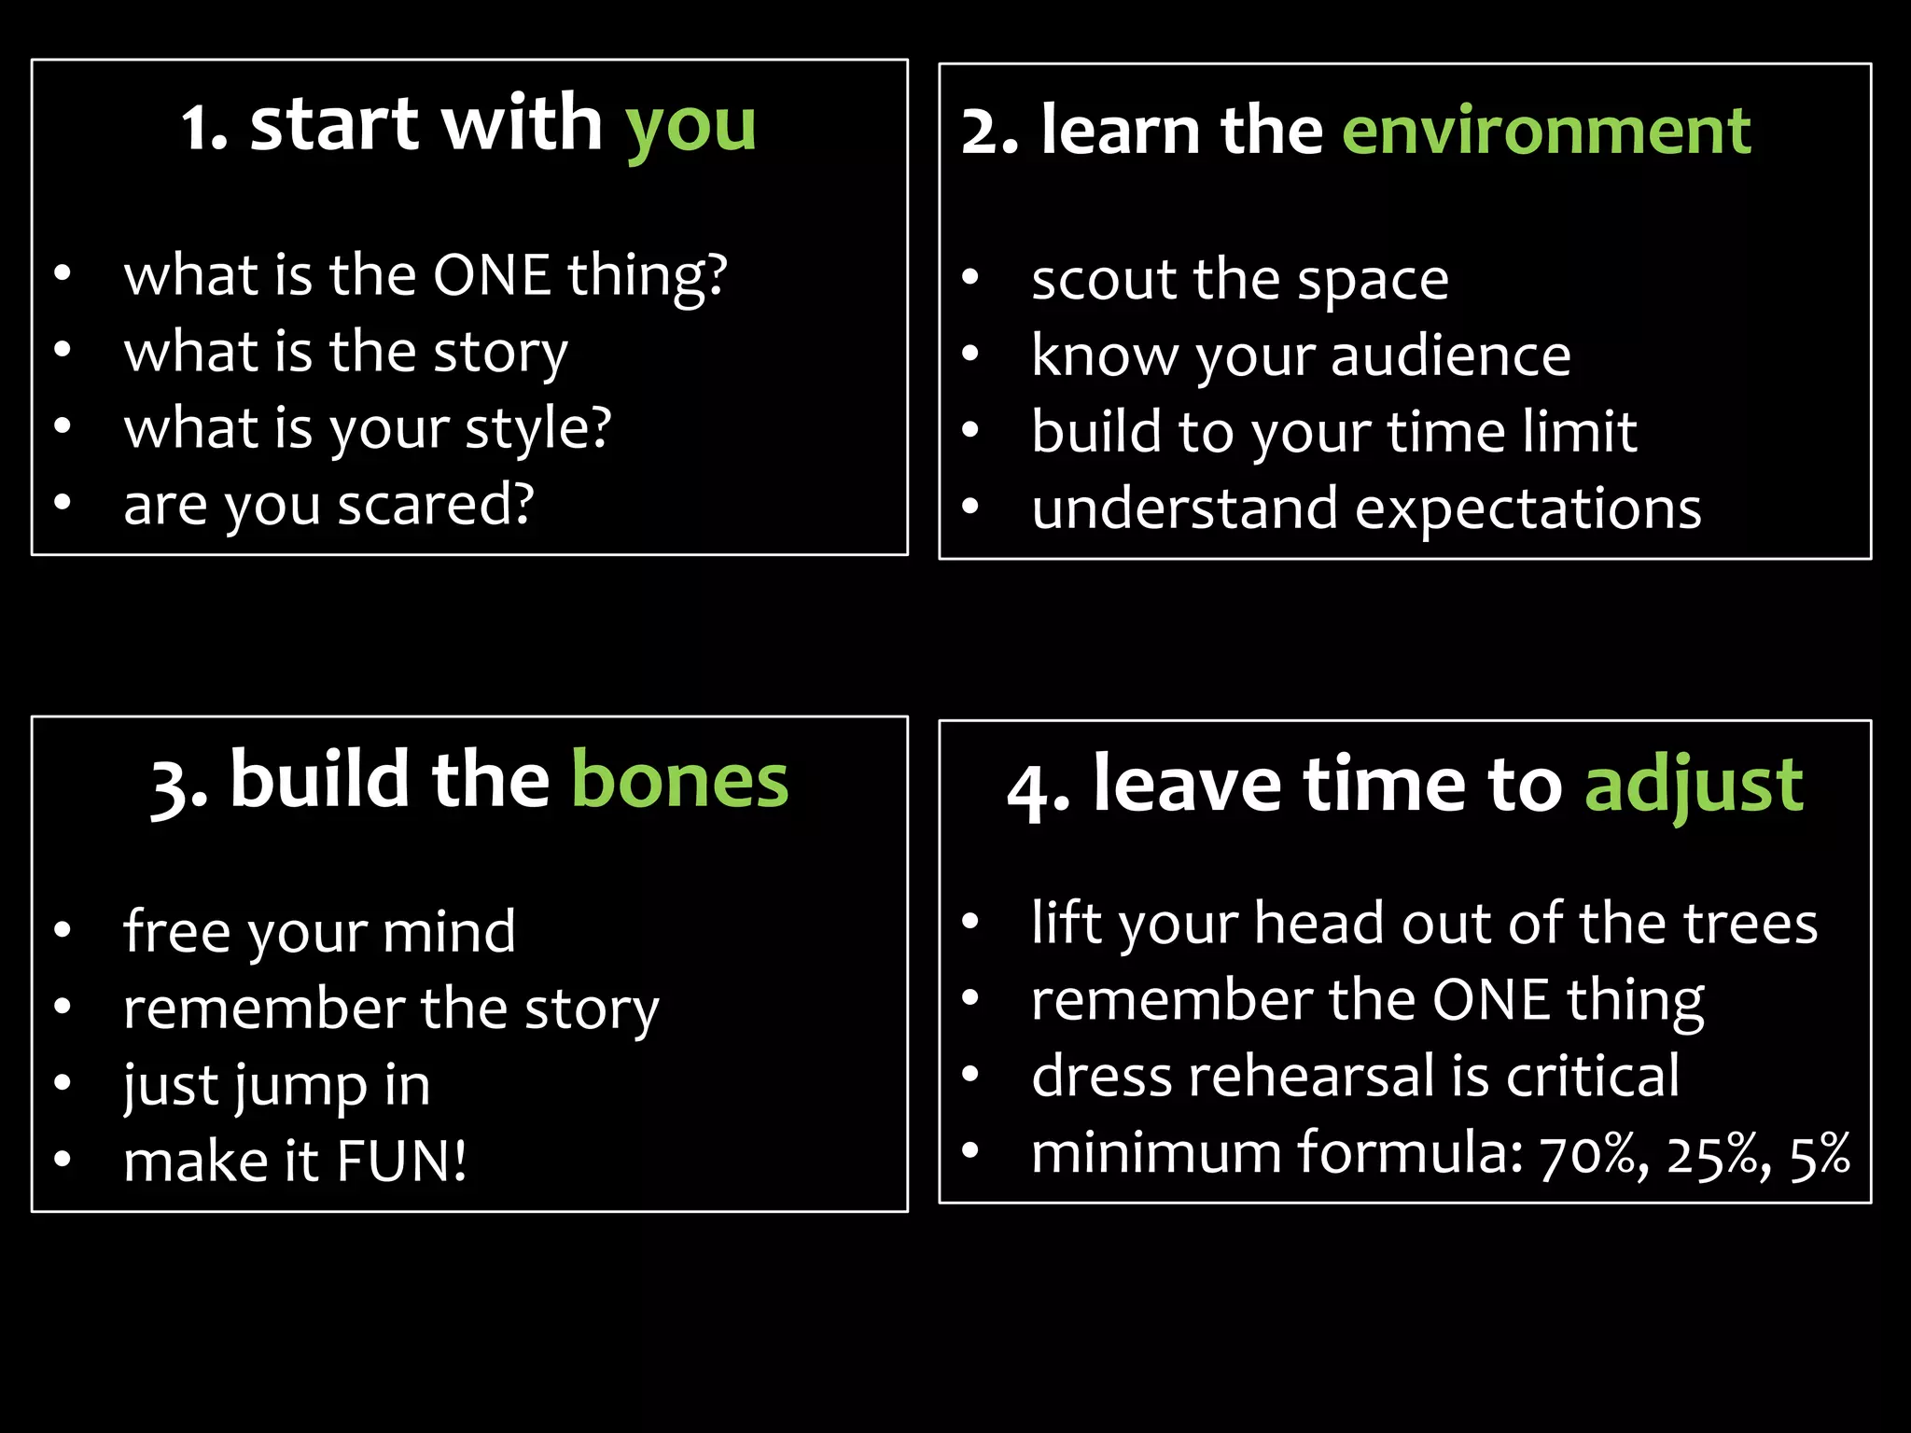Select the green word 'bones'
pos(679,781)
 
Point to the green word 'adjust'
pos(1694,786)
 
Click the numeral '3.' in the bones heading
pos(179,786)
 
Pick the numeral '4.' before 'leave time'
pos(1038,789)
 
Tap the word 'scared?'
pos(436,505)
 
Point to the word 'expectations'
pos(1527,509)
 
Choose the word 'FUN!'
pos(401,1162)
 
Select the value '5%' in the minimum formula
pos(1820,1155)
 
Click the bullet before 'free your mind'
pos(63,929)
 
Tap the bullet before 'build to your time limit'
pos(970,430)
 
